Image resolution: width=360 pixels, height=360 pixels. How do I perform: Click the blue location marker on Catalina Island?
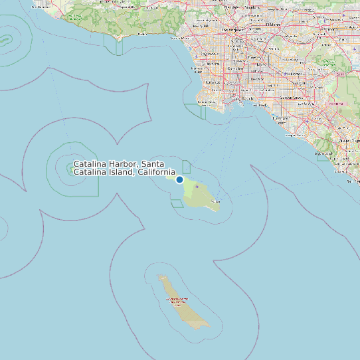click(x=179, y=179)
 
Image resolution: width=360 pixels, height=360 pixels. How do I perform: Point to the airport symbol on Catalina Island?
click(x=197, y=187)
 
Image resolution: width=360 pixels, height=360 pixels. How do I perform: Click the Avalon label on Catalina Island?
click(x=215, y=200)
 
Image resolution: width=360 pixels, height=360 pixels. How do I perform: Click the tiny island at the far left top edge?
click(x=6, y=39)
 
